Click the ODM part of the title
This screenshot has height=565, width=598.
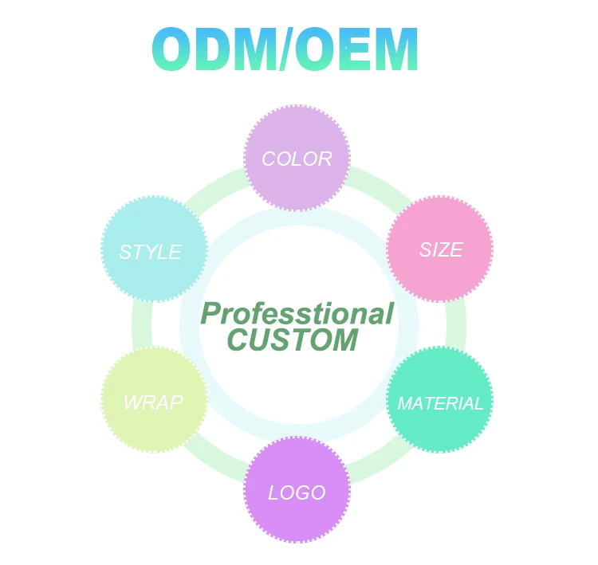click(x=215, y=49)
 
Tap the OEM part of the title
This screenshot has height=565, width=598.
click(x=356, y=49)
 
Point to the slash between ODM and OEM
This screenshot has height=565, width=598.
click(x=286, y=49)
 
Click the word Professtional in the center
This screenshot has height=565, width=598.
click(x=297, y=314)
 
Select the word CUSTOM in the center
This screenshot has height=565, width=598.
click(x=293, y=339)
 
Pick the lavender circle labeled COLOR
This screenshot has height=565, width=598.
click(x=297, y=158)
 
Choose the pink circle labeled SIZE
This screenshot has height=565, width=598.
click(x=439, y=249)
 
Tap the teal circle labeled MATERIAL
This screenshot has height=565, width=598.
click(x=439, y=400)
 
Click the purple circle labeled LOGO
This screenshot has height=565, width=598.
click(x=297, y=490)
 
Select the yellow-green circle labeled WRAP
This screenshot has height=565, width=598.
click(x=155, y=400)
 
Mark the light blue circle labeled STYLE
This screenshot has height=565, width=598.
click(x=155, y=249)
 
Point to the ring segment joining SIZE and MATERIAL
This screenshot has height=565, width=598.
click(x=456, y=324)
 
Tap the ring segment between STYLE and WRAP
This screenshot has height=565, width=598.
click(x=142, y=324)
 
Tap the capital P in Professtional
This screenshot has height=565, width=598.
click(x=211, y=314)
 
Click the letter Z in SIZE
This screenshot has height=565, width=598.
click(x=444, y=249)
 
